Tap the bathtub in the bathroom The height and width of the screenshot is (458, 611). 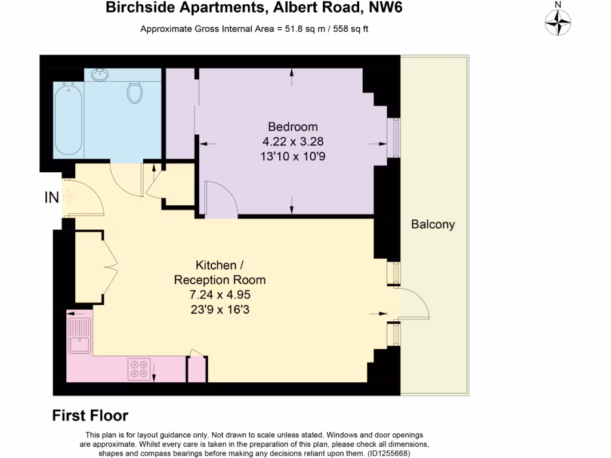[x=67, y=120]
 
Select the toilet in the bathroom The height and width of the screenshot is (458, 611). [x=135, y=91]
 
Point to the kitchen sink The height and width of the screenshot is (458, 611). [x=79, y=336]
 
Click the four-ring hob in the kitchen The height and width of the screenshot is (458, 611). [x=139, y=369]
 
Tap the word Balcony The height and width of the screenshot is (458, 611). [x=433, y=225]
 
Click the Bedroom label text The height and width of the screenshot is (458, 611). [x=292, y=126]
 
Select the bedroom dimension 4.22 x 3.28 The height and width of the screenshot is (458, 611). [x=292, y=142]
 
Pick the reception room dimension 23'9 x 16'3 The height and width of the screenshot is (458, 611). [x=220, y=309]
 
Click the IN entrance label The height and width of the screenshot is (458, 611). [x=52, y=197]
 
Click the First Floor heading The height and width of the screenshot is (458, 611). [x=90, y=416]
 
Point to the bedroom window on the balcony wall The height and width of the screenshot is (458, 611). [x=394, y=137]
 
